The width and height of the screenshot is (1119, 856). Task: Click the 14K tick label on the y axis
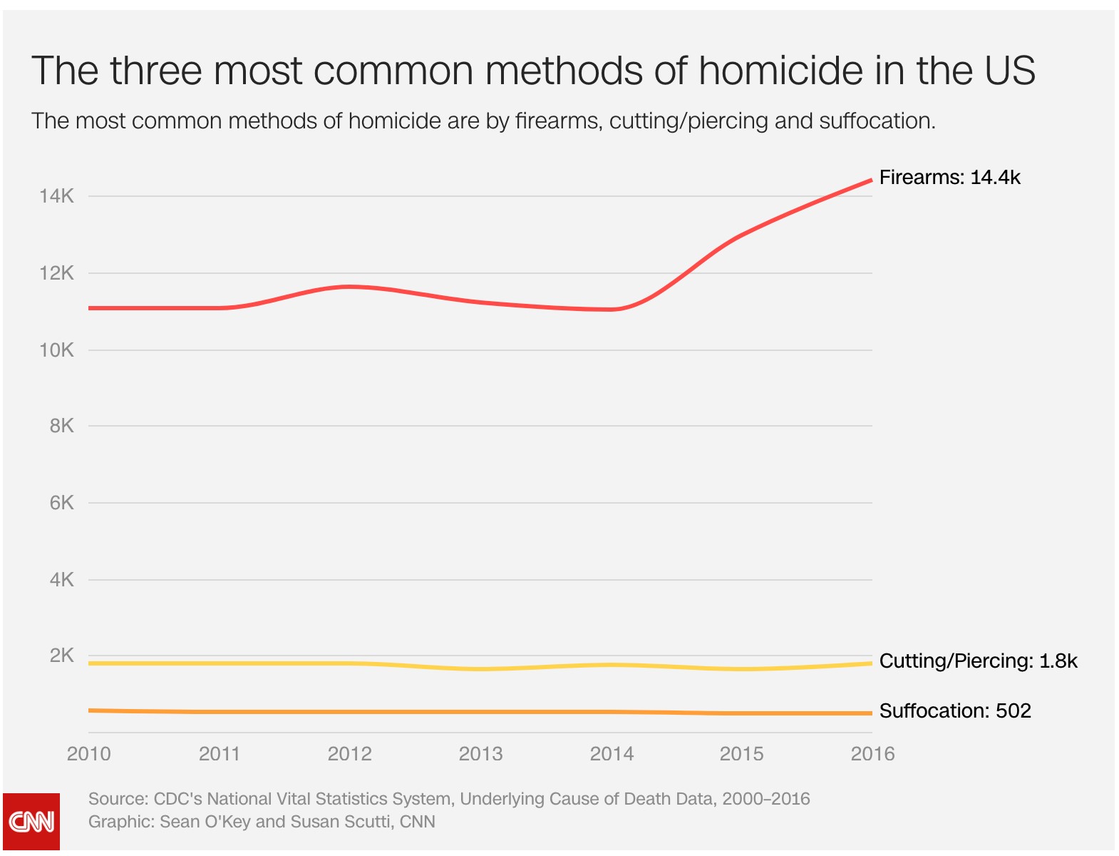pos(56,196)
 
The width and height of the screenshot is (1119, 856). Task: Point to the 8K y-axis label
pos(61,426)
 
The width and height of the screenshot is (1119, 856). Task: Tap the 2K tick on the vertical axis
pos(61,656)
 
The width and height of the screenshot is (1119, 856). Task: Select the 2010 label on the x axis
pos(88,754)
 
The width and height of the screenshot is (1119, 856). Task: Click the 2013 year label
pos(480,754)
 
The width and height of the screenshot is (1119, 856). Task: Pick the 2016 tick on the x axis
pos(872,754)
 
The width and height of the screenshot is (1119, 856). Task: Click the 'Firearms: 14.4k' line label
pos(949,178)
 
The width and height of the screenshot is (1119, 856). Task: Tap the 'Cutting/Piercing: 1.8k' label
pos(978,661)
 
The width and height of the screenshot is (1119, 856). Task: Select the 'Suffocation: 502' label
pos(955,711)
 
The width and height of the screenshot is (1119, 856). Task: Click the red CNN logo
pos(31,822)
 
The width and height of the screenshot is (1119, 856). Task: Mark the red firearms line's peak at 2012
pos(349,287)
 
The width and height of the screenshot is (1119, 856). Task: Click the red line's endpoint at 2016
pos(870,180)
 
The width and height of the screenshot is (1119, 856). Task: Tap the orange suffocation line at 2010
pos(91,710)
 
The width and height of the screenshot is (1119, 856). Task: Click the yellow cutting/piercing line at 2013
pos(480,668)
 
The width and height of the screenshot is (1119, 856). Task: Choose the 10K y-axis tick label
pos(56,350)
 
